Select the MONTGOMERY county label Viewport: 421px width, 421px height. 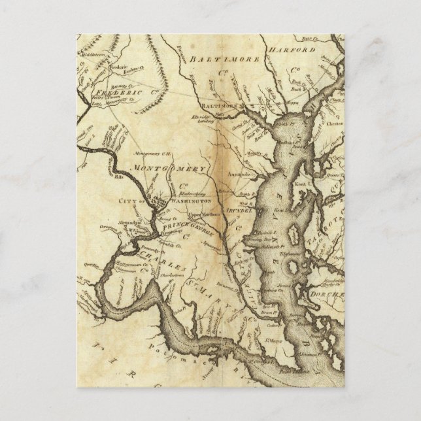[x=169, y=169]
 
